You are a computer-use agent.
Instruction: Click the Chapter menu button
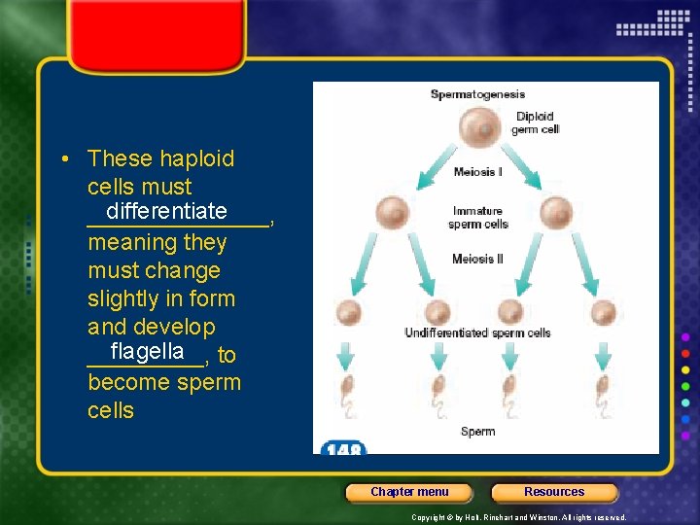click(x=409, y=492)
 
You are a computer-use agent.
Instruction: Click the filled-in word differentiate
click(x=167, y=212)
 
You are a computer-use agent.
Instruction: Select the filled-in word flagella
click(x=147, y=351)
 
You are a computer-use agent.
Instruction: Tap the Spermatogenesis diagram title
click(x=477, y=94)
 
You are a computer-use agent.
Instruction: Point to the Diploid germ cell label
click(x=534, y=123)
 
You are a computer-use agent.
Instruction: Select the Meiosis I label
click(x=477, y=173)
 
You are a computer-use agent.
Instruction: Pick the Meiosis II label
click(x=477, y=260)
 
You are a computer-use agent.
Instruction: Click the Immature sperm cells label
click(x=477, y=218)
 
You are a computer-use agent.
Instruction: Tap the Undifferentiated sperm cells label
click(x=477, y=333)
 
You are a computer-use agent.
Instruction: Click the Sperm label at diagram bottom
click(x=477, y=431)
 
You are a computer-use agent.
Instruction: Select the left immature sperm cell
click(x=393, y=213)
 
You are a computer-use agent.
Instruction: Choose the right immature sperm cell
click(x=556, y=213)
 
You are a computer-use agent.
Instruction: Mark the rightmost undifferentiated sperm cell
click(x=604, y=313)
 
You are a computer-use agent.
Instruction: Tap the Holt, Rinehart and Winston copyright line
click(x=519, y=518)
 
